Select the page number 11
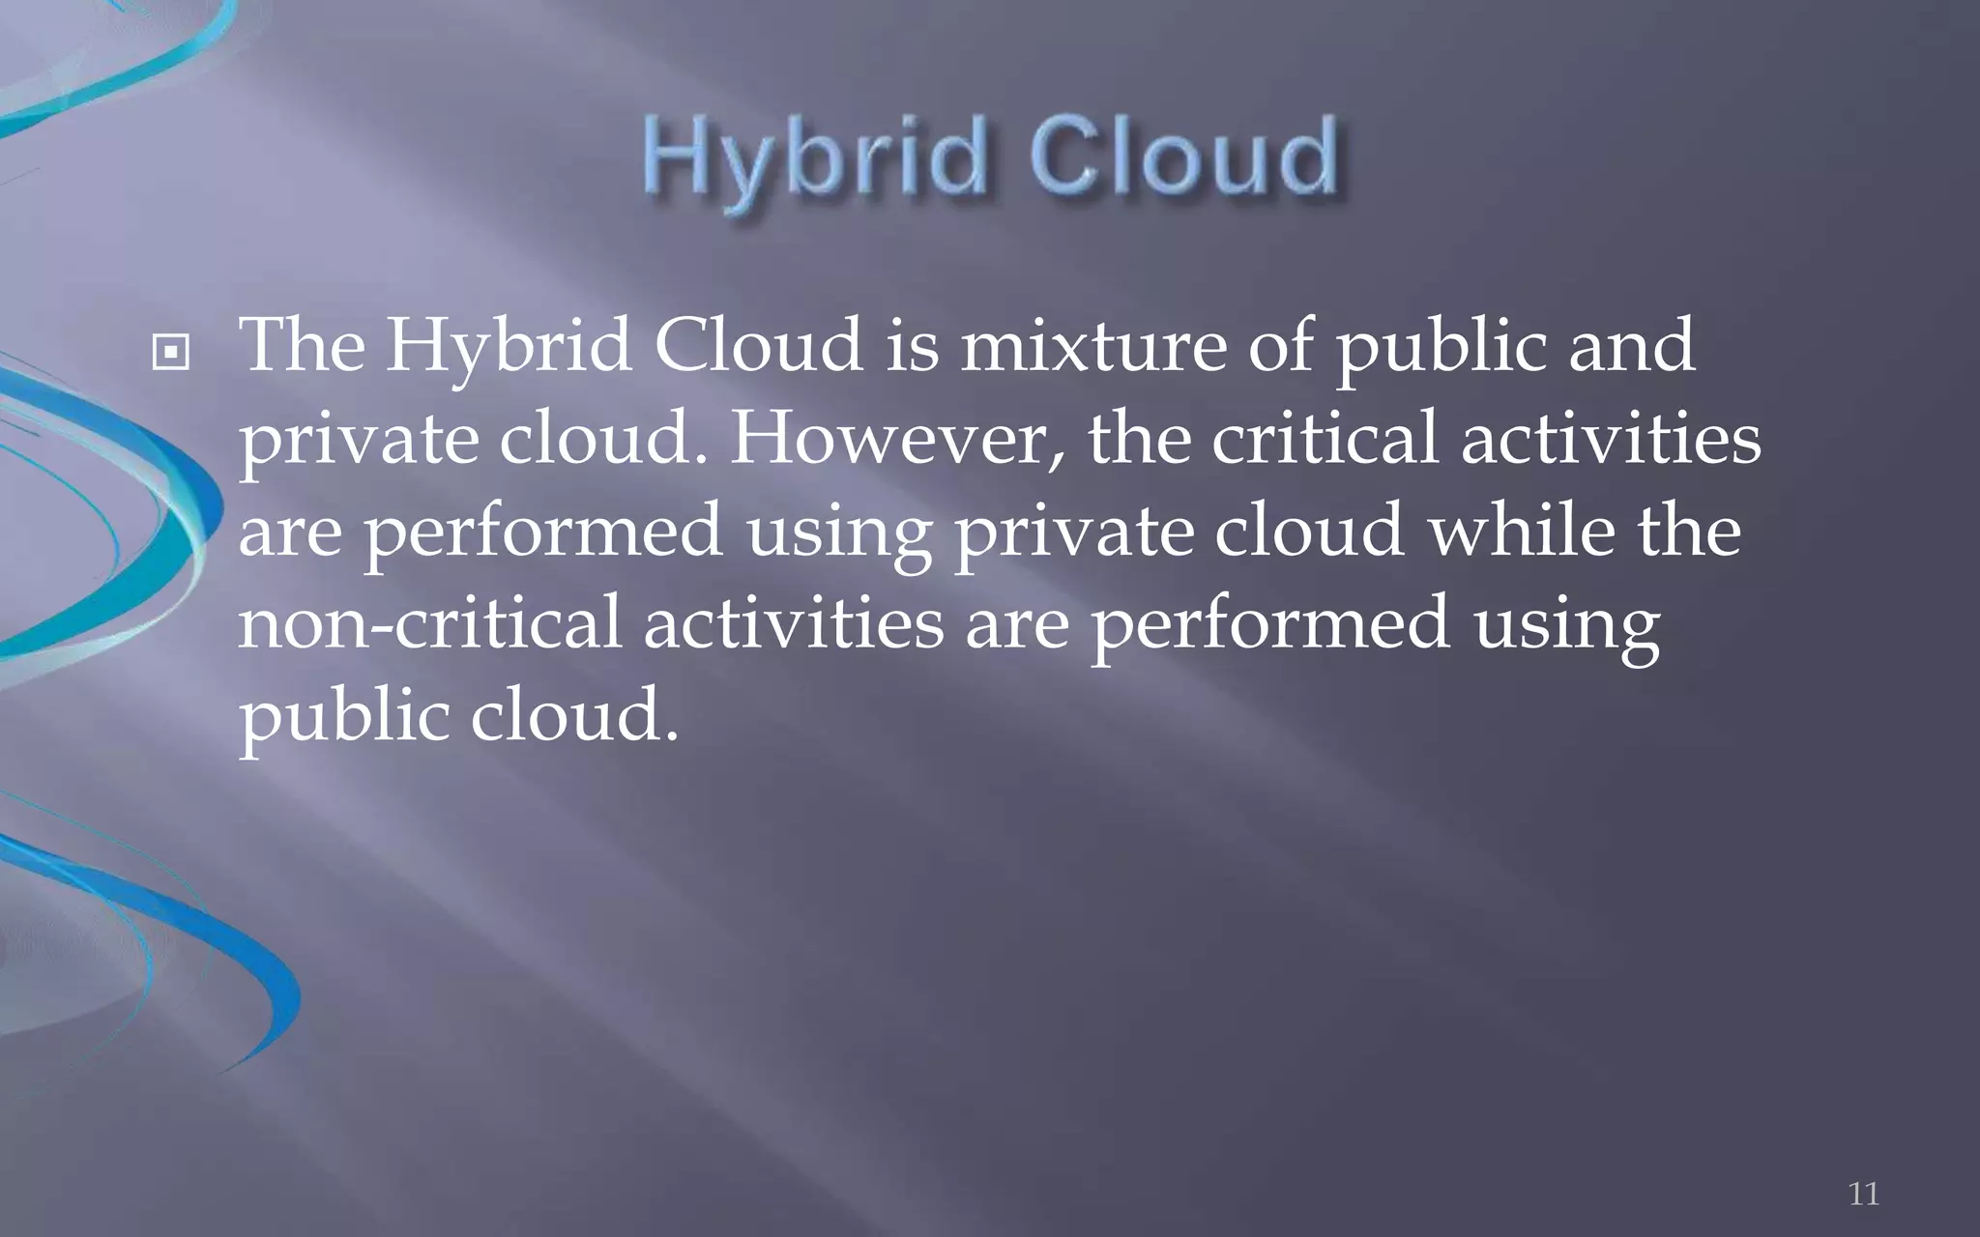point(1863,1194)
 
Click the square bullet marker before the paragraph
point(171,354)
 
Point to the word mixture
point(1092,345)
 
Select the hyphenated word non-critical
point(429,623)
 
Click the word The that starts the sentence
point(302,345)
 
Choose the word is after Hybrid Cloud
point(913,345)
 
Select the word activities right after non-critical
point(793,623)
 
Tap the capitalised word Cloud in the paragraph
point(758,345)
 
